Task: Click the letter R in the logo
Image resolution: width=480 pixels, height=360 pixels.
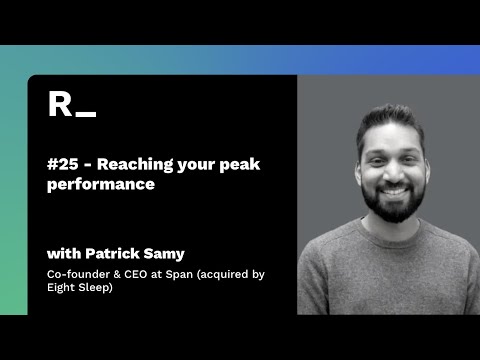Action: point(59,103)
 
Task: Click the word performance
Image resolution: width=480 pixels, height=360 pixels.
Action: point(100,185)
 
